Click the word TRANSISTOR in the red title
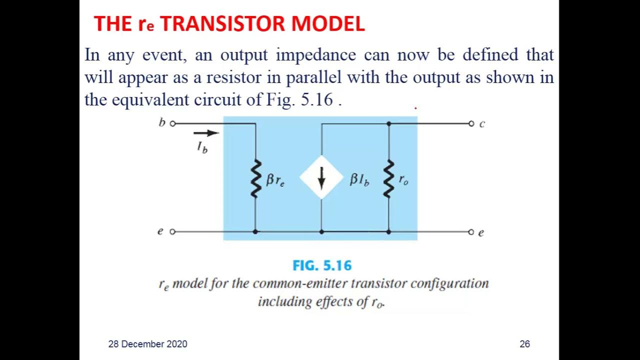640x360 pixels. point(226,23)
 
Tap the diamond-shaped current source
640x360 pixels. point(321,177)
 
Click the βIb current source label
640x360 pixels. point(359,180)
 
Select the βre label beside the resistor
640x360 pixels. point(275,180)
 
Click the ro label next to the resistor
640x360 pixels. point(403,179)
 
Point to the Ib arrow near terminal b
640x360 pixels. point(206,133)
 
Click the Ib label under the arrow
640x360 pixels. point(202,147)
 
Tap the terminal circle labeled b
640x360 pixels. point(173,123)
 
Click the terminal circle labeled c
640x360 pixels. point(470,123)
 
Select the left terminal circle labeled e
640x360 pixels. point(173,232)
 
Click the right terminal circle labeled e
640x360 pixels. point(470,232)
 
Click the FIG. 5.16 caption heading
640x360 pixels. point(322,265)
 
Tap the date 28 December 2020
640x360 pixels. point(148,344)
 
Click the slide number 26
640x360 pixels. point(524,344)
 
